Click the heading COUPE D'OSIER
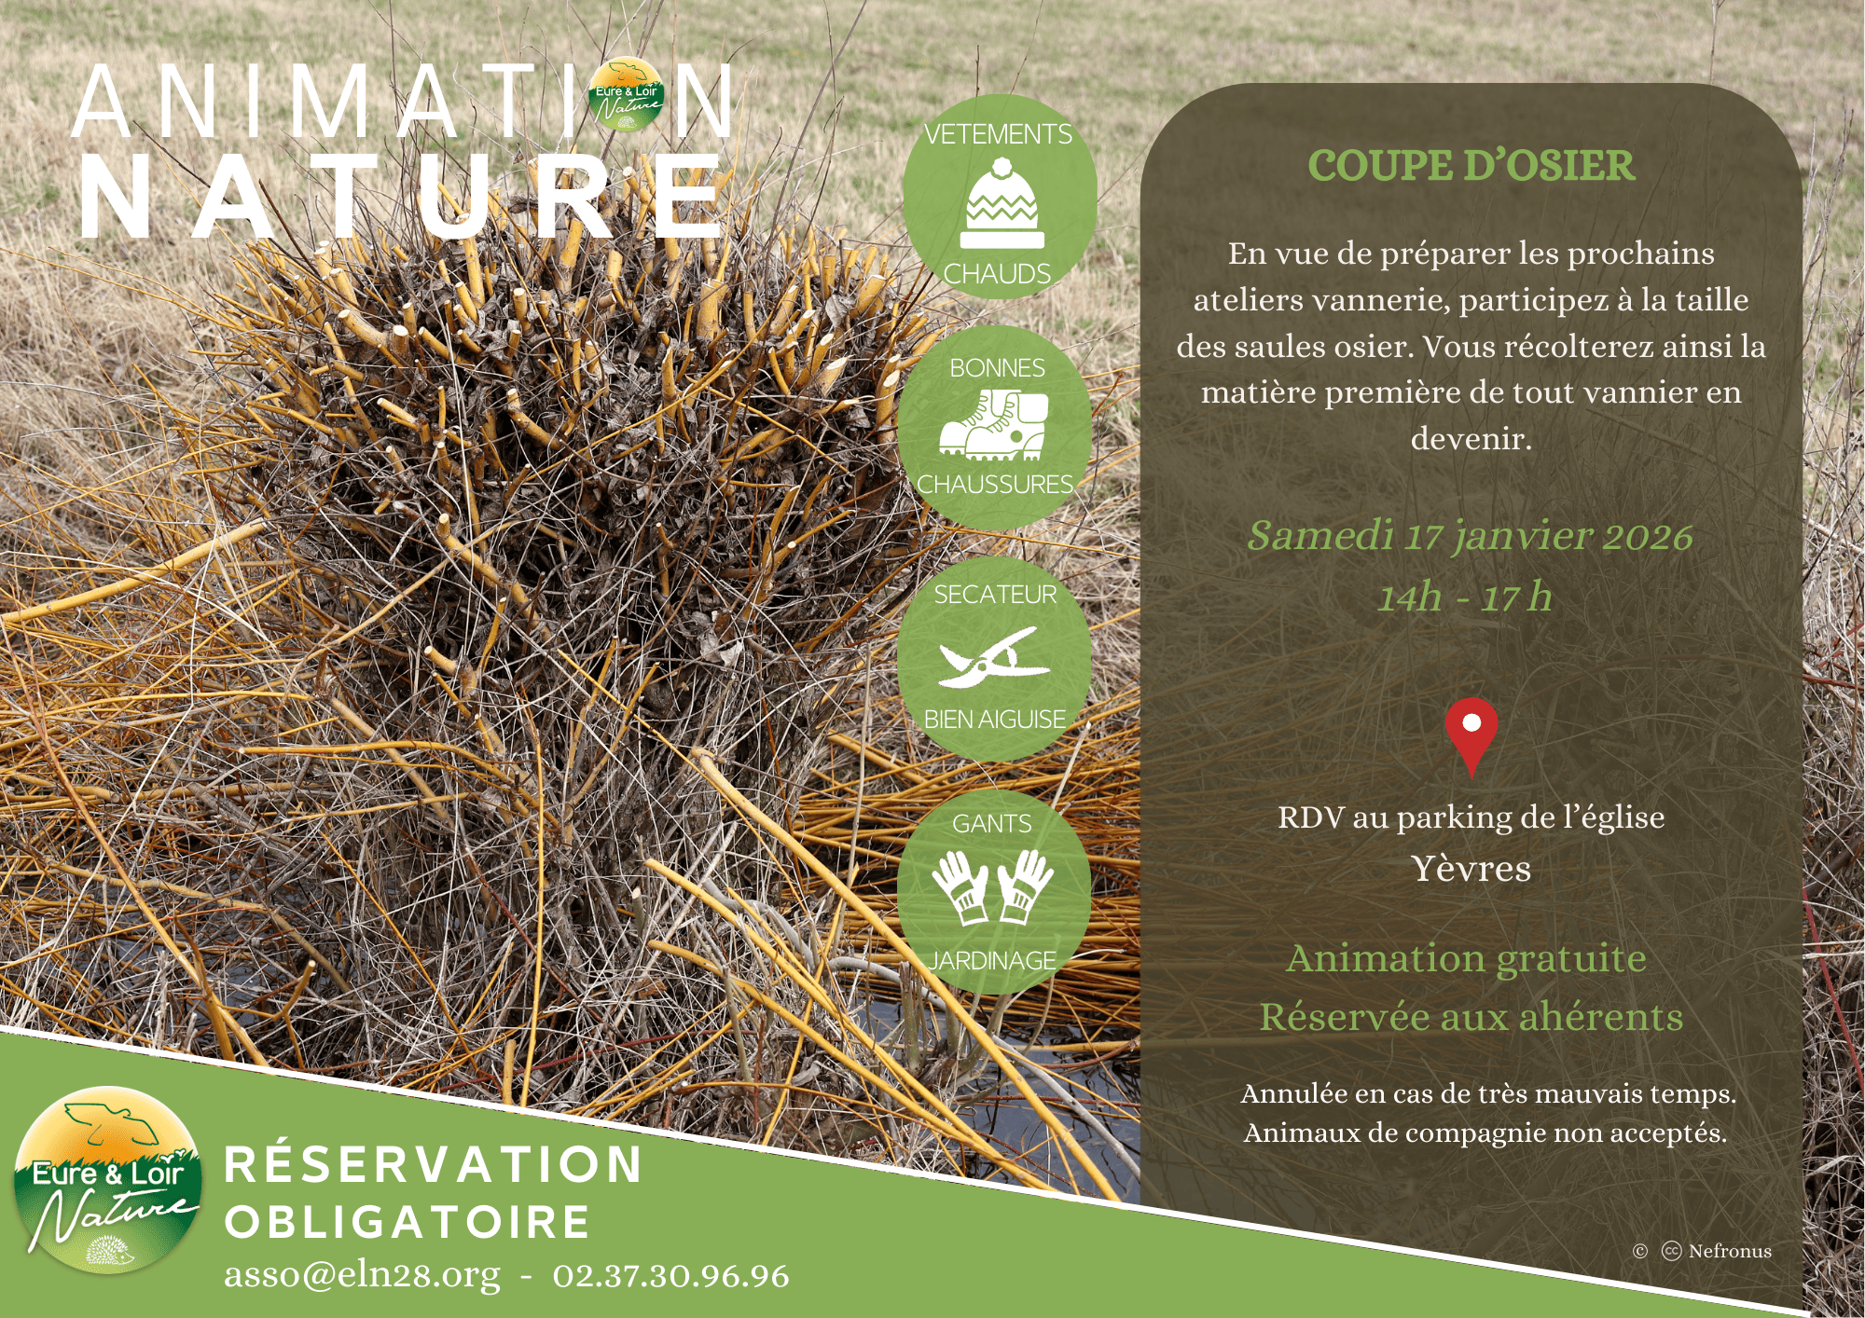click(x=1471, y=166)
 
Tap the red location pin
click(x=1471, y=735)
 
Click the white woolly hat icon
click(x=1002, y=204)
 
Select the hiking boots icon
click(x=994, y=425)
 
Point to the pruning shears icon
click(x=993, y=656)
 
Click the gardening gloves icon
click(x=992, y=886)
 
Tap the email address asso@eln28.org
click(x=362, y=1274)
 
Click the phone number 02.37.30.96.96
click(x=670, y=1275)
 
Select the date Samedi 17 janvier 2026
click(x=1470, y=536)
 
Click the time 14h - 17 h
click(x=1465, y=597)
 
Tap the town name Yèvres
click(x=1471, y=868)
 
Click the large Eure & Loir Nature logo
click(x=108, y=1180)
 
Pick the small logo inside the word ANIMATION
click(x=628, y=95)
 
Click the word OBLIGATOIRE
click(x=408, y=1222)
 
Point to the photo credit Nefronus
click(x=1730, y=1251)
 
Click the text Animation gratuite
click(x=1466, y=958)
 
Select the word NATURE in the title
click(x=401, y=196)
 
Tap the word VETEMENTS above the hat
click(x=998, y=134)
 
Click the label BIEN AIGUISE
click(x=994, y=719)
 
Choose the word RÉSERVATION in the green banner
click(x=434, y=1164)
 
